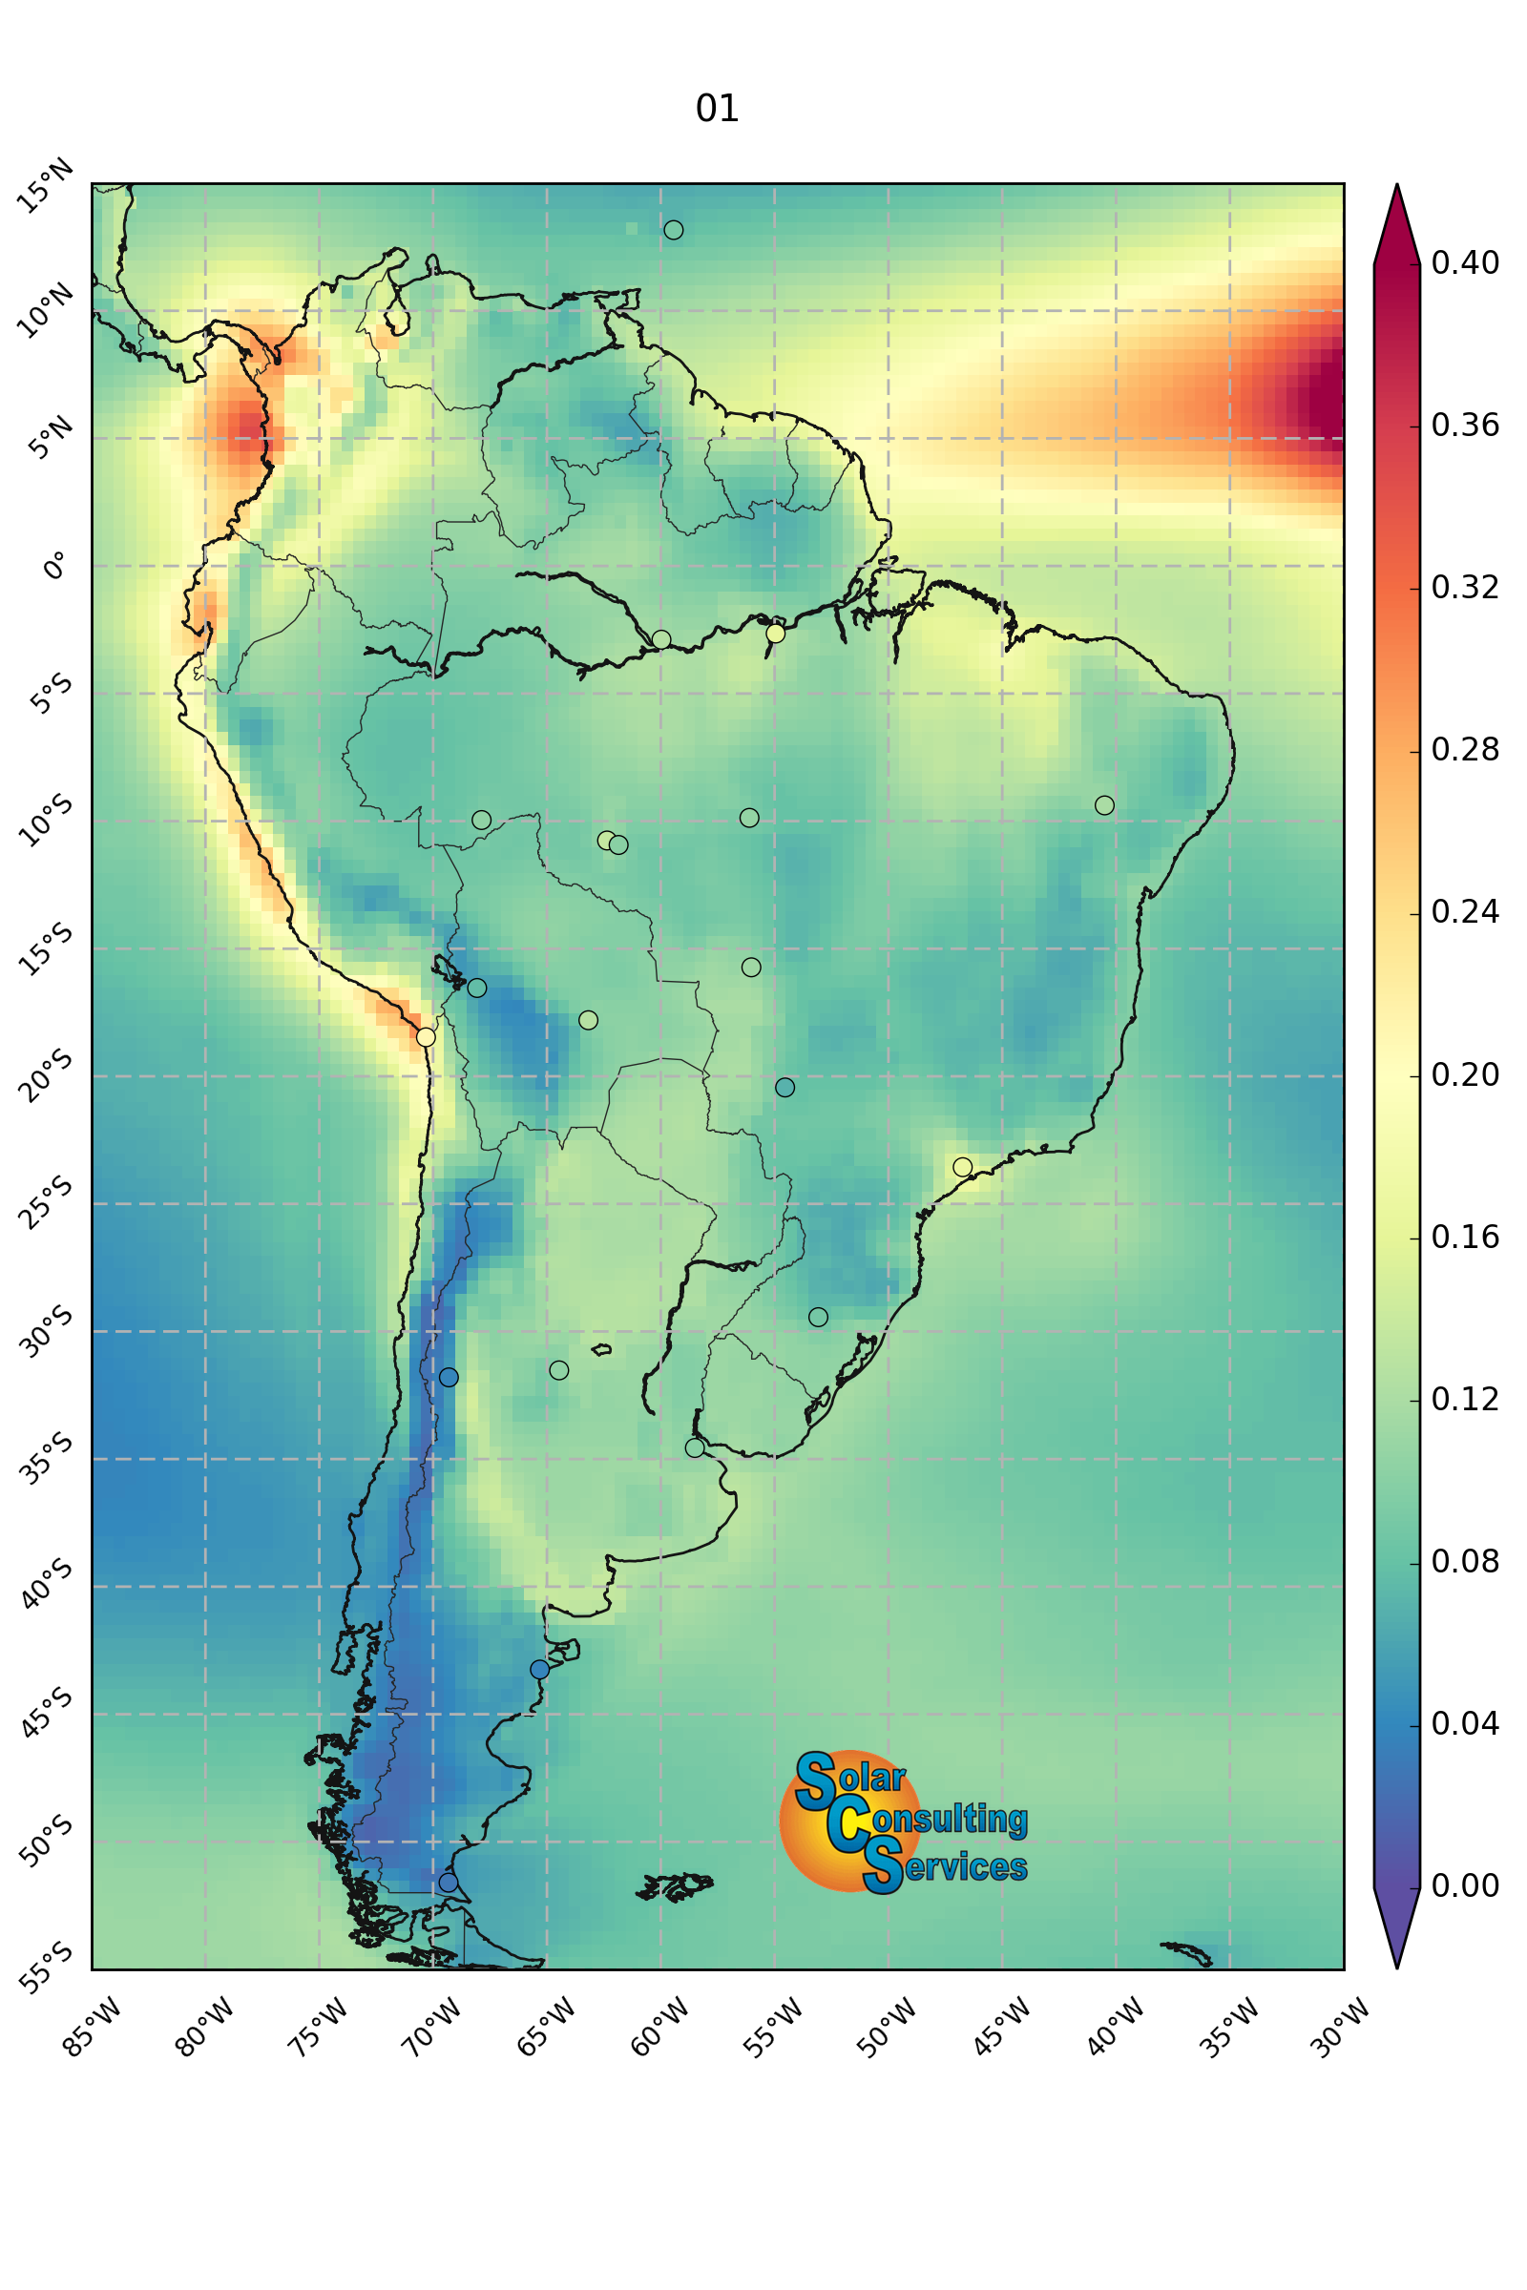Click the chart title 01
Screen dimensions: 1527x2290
[718, 108]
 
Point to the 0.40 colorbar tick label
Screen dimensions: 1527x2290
[1465, 263]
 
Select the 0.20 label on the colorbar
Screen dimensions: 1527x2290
[1465, 1075]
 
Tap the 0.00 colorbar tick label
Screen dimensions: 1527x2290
[1465, 1886]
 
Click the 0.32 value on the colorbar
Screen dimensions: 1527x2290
[1465, 587]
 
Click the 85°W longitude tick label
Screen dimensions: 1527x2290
[93, 2027]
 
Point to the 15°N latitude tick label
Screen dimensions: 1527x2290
[46, 185]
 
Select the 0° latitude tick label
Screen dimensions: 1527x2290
[55, 565]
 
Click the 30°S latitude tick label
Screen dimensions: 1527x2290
[46, 1331]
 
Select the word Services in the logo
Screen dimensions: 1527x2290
[945, 1866]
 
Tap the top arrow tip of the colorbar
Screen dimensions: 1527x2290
[1396, 184]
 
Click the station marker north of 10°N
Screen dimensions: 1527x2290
[673, 230]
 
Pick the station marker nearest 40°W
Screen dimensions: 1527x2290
[1104, 805]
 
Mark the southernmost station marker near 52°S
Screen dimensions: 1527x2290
[448, 1882]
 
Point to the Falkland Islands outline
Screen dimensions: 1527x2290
[675, 1887]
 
